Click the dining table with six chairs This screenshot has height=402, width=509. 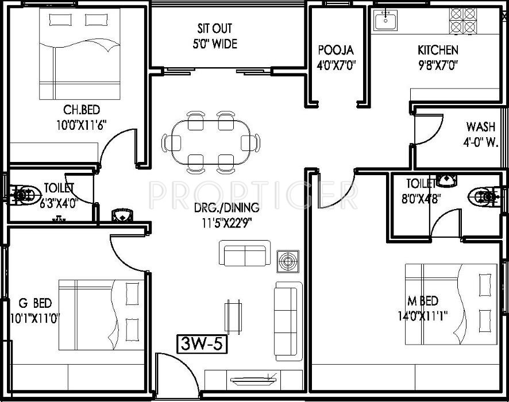(211, 142)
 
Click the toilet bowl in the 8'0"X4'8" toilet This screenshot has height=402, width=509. (484, 196)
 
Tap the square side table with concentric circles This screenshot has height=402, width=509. (286, 261)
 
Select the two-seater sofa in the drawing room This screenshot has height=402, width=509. (245, 254)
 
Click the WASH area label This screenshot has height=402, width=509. (481, 127)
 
